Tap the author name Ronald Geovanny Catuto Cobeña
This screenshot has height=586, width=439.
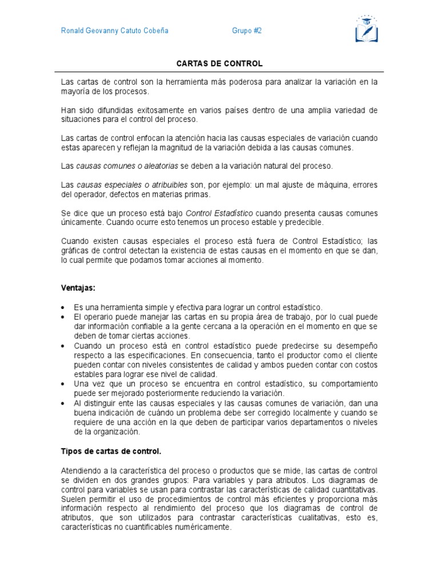point(115,31)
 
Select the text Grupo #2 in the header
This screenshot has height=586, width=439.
point(247,31)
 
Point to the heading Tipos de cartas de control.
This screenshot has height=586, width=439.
point(107,451)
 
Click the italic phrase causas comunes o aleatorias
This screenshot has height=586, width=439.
point(127,166)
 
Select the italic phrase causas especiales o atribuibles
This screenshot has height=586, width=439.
point(131,185)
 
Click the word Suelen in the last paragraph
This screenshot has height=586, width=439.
point(73,499)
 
